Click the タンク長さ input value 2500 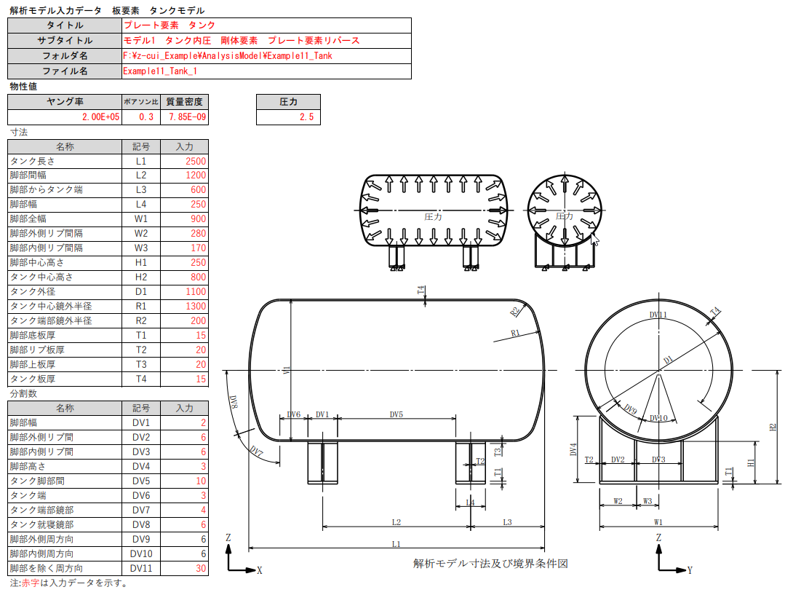point(196,161)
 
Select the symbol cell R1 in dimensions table point(141,307)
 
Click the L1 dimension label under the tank point(396,543)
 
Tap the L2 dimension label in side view point(396,521)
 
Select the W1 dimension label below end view point(658,521)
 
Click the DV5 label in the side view point(396,414)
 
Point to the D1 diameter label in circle point(668,360)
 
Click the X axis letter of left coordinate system point(259,571)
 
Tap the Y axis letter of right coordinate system point(689,571)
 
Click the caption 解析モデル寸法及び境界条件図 point(490,564)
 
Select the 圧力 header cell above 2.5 point(289,102)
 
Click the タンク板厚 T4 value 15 point(196,379)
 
